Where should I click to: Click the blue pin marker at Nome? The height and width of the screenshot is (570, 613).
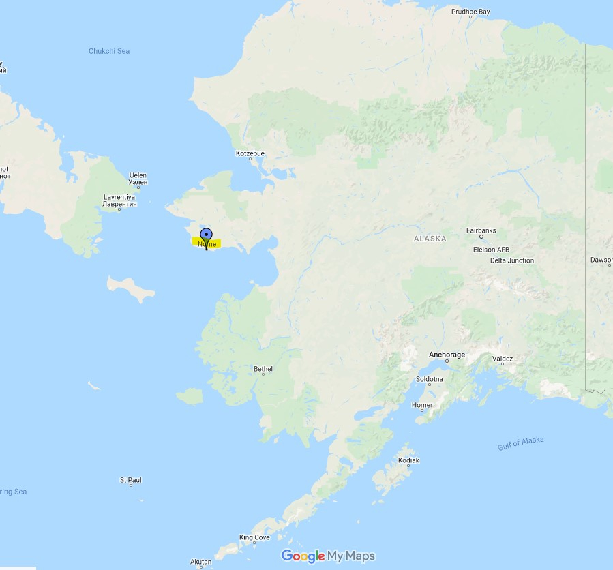tap(207, 237)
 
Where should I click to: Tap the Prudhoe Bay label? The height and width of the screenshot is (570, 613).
tap(470, 12)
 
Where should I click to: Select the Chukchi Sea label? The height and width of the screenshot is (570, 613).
tap(109, 51)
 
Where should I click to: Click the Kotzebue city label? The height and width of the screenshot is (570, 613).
tap(250, 153)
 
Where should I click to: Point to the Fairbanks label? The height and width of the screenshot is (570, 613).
tap(481, 230)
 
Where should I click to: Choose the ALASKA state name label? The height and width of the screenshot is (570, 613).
tap(430, 239)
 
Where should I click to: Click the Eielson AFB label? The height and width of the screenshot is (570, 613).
tap(491, 250)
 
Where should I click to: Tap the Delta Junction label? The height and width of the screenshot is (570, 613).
tap(511, 260)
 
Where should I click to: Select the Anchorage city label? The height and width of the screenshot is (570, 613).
tap(447, 355)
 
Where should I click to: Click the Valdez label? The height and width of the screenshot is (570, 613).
tap(503, 359)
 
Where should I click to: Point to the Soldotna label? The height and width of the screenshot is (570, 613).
tap(430, 379)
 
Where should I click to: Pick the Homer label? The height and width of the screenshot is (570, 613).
tap(422, 405)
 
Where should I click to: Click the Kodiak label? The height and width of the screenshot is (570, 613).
tap(408, 461)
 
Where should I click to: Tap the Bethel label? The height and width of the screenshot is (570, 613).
tap(263, 369)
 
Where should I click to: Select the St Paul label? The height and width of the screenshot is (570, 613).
tap(130, 480)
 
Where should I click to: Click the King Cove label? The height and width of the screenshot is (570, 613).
tap(254, 537)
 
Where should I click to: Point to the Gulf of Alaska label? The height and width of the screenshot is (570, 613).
tap(521, 443)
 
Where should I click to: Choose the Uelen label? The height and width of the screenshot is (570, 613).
tap(138, 175)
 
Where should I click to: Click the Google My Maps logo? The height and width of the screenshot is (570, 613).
tap(328, 556)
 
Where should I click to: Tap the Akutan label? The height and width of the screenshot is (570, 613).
tap(200, 562)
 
